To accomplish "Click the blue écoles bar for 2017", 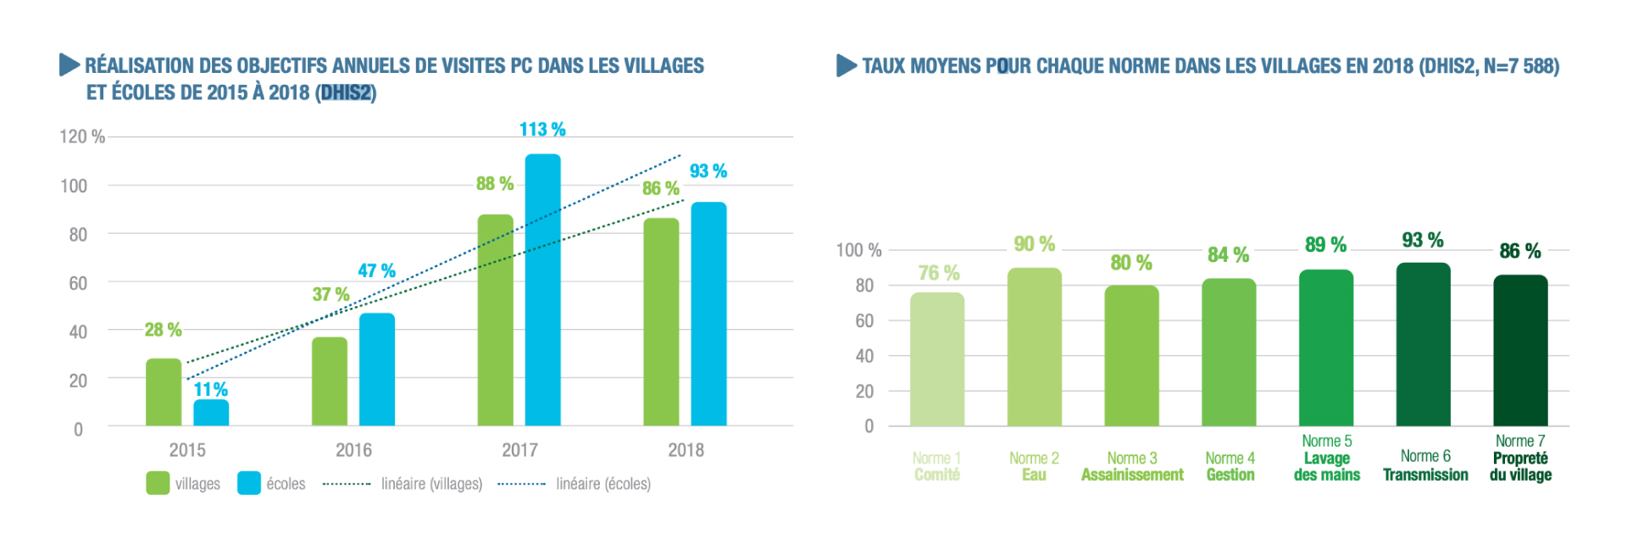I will pyautogui.click(x=542, y=290).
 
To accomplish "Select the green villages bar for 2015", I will pyautogui.click(x=164, y=392).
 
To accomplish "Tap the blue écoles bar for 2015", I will pyautogui.click(x=211, y=412).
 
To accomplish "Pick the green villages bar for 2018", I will pyautogui.click(x=661, y=322).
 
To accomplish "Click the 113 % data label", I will pyautogui.click(x=542, y=130).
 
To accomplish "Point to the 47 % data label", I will pyautogui.click(x=376, y=271).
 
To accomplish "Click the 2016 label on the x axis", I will pyautogui.click(x=353, y=450).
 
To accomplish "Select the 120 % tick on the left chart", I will pyautogui.click(x=82, y=137).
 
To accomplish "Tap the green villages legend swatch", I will pyautogui.click(x=158, y=483).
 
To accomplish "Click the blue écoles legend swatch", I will pyautogui.click(x=249, y=483).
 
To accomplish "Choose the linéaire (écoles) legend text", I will pyautogui.click(x=603, y=484).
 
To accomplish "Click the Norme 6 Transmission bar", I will pyautogui.click(x=1423, y=344).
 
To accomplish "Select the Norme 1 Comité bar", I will pyautogui.click(x=937, y=359).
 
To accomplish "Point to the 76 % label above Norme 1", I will pyautogui.click(x=939, y=273).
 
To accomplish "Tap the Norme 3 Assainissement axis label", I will pyautogui.click(x=1132, y=466).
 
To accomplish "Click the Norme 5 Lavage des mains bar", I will pyautogui.click(x=1326, y=348).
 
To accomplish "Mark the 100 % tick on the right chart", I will pyautogui.click(x=858, y=251).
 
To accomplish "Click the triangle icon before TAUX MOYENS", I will pyautogui.click(x=846, y=65).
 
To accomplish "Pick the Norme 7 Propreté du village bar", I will pyautogui.click(x=1520, y=350).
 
